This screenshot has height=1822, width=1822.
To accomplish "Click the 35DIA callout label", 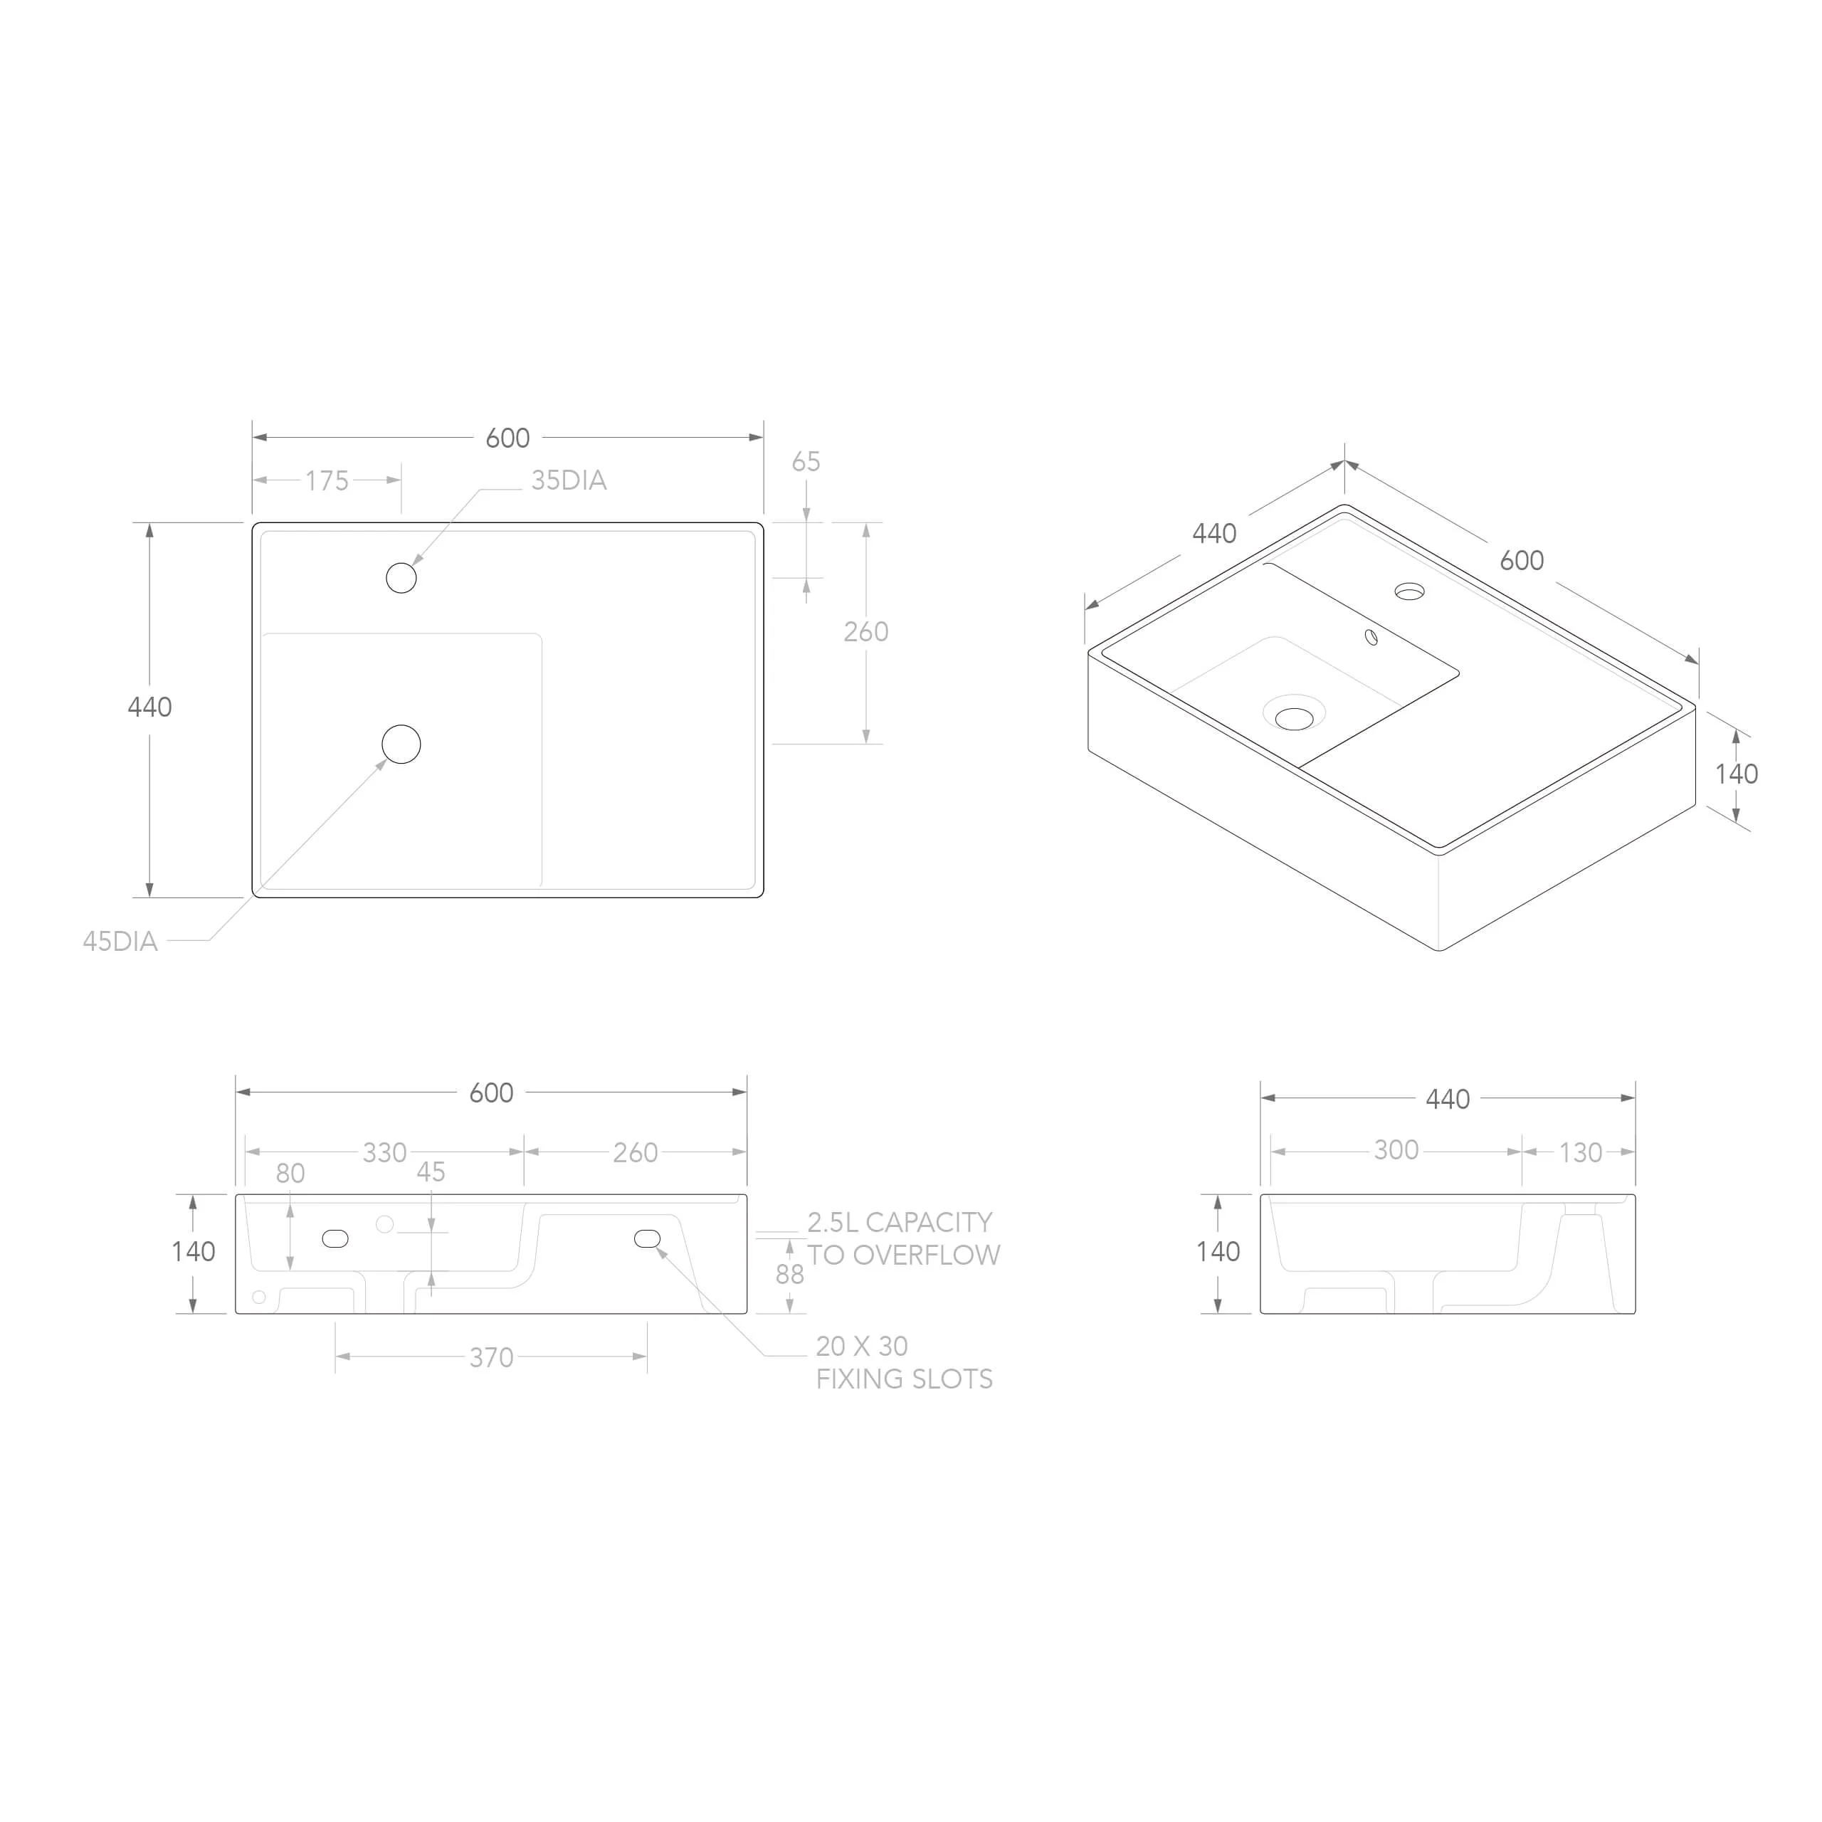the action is point(569,481).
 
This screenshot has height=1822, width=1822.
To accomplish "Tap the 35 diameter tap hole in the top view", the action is point(401,578).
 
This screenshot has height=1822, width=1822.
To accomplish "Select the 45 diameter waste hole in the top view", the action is point(401,744).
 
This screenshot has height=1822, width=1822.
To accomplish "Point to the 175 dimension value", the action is point(327,481).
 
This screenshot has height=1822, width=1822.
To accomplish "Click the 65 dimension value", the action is point(806,462).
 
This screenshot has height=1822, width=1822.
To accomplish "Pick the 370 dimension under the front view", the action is point(491,1358).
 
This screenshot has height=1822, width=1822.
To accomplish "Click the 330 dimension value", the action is point(385,1152).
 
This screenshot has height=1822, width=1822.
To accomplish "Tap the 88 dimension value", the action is point(789,1274).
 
